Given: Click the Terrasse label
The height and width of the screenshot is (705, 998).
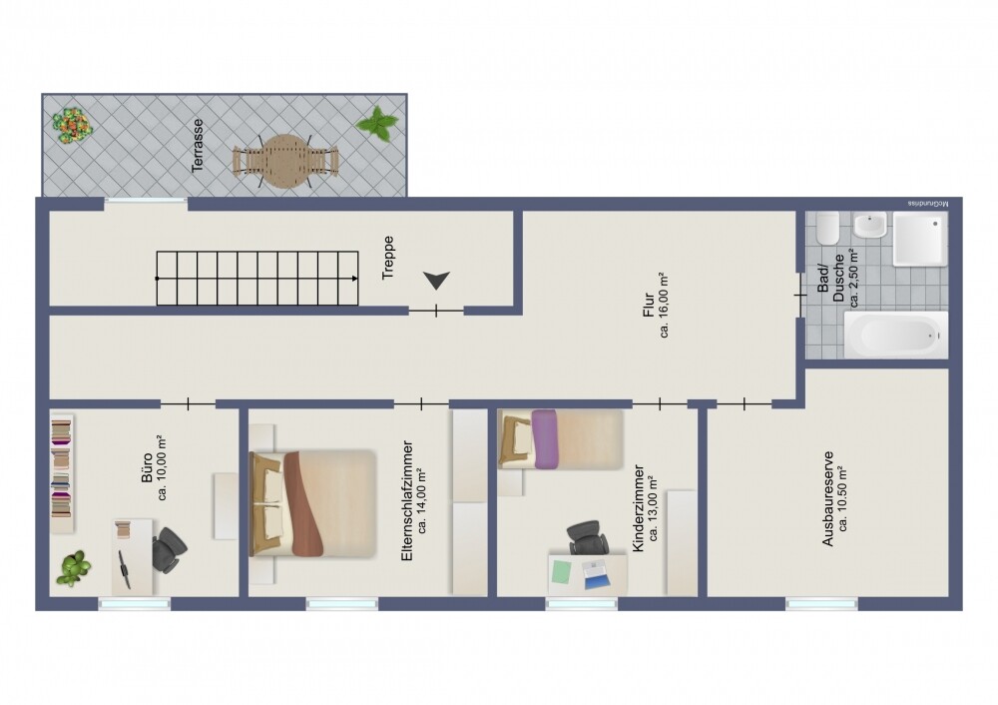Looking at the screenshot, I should point(199,146).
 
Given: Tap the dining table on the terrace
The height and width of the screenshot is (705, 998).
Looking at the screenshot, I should point(285,161).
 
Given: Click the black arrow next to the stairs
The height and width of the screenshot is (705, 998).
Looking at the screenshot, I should point(436,282).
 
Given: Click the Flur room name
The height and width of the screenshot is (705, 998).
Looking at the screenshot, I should point(648,305).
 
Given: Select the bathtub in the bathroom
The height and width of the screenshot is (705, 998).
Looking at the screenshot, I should point(894,334).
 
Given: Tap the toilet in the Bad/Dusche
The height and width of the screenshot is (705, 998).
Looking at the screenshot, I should point(826,231).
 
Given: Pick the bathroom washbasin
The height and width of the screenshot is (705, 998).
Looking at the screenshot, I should point(870,225).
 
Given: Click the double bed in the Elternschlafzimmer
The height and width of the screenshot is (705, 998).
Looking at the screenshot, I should point(312,503).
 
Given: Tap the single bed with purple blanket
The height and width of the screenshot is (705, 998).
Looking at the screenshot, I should point(561,438).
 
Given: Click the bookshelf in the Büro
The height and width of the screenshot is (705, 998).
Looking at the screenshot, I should point(62,466).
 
